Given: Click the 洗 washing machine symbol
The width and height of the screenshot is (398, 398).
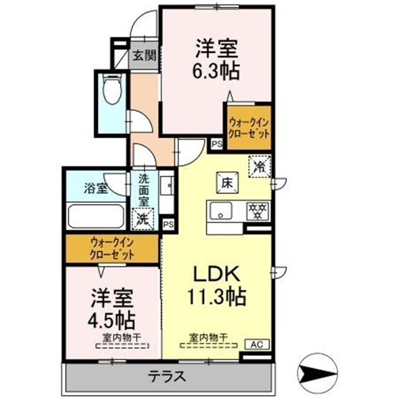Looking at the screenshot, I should (143, 218).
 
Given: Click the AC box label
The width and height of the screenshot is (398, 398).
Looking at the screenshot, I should (256, 343).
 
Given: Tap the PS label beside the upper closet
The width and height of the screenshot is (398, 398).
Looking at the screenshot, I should (216, 144).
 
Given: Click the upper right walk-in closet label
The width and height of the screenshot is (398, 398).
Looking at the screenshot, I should (248, 128).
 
